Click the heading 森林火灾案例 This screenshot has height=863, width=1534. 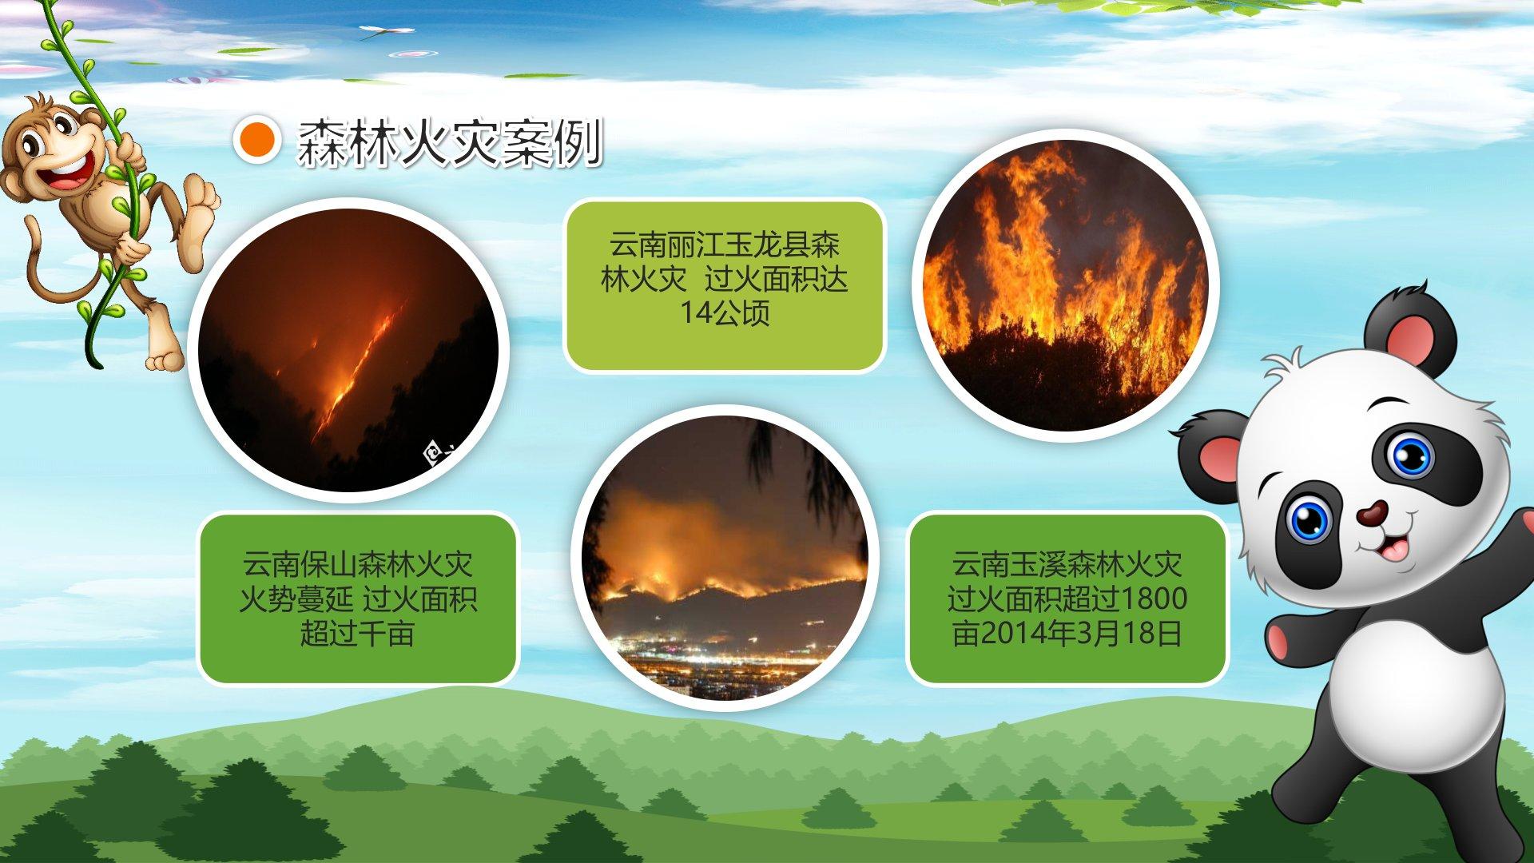449,144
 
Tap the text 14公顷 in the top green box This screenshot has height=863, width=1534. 725,312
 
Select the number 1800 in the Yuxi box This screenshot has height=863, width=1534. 1154,599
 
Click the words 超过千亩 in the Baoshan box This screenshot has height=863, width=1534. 357,633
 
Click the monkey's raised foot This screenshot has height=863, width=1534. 200,209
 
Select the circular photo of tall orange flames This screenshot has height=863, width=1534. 1065,285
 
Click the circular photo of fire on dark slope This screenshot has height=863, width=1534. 348,350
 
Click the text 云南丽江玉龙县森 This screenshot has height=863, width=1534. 725,245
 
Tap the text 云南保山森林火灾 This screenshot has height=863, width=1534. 357,564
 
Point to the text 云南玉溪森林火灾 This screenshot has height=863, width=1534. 1067,564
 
